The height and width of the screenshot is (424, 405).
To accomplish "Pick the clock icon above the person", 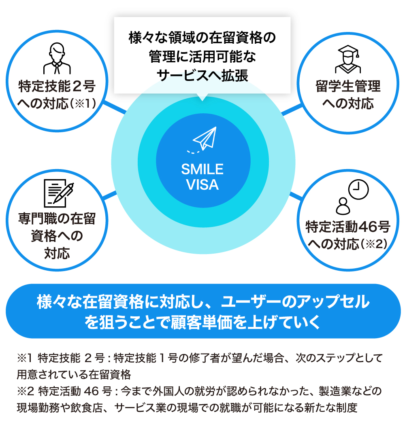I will point(358,189).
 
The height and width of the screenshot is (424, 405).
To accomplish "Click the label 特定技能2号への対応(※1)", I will point(57,95).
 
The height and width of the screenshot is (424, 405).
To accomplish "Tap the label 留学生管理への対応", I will point(348,95).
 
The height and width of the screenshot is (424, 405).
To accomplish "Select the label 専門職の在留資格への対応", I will point(57,236).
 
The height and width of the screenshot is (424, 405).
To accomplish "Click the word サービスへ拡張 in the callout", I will point(202,76).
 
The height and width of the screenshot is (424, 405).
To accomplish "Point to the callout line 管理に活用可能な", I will point(202,57).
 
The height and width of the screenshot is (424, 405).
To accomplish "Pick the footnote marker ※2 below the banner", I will point(24,392).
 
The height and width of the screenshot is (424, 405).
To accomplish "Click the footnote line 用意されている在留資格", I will point(73,373).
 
